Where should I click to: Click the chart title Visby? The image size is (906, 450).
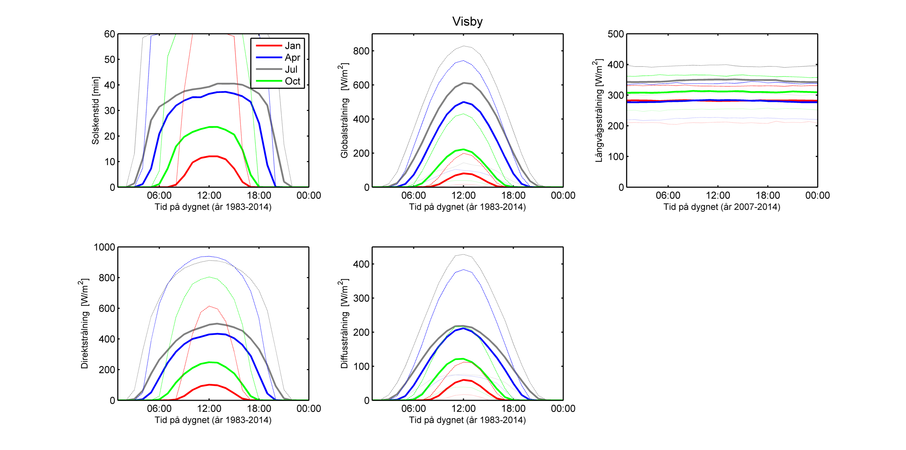tap(467, 22)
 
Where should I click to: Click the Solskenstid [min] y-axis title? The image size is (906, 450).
tap(95, 110)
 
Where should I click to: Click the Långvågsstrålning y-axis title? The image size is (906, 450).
tap(599, 110)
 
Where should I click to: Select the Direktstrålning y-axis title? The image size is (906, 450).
tap(84, 324)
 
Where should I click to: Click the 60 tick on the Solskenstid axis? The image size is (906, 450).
tap(109, 34)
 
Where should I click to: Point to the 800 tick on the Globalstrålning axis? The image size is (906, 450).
tap(361, 51)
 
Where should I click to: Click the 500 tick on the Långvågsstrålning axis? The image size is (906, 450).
tap(615, 34)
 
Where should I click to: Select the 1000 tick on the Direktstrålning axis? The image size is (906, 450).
tap(104, 247)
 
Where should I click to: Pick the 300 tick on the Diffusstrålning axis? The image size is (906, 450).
tap(361, 298)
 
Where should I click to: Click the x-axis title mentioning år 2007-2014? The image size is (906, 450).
tap(722, 207)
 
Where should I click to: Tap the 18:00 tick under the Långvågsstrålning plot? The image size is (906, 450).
tap(768, 196)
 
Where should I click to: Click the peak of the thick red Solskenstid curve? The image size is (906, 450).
tap(213, 156)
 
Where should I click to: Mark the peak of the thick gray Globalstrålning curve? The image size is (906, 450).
tap(463, 83)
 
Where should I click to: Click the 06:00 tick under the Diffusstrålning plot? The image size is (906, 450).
tap(413, 409)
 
